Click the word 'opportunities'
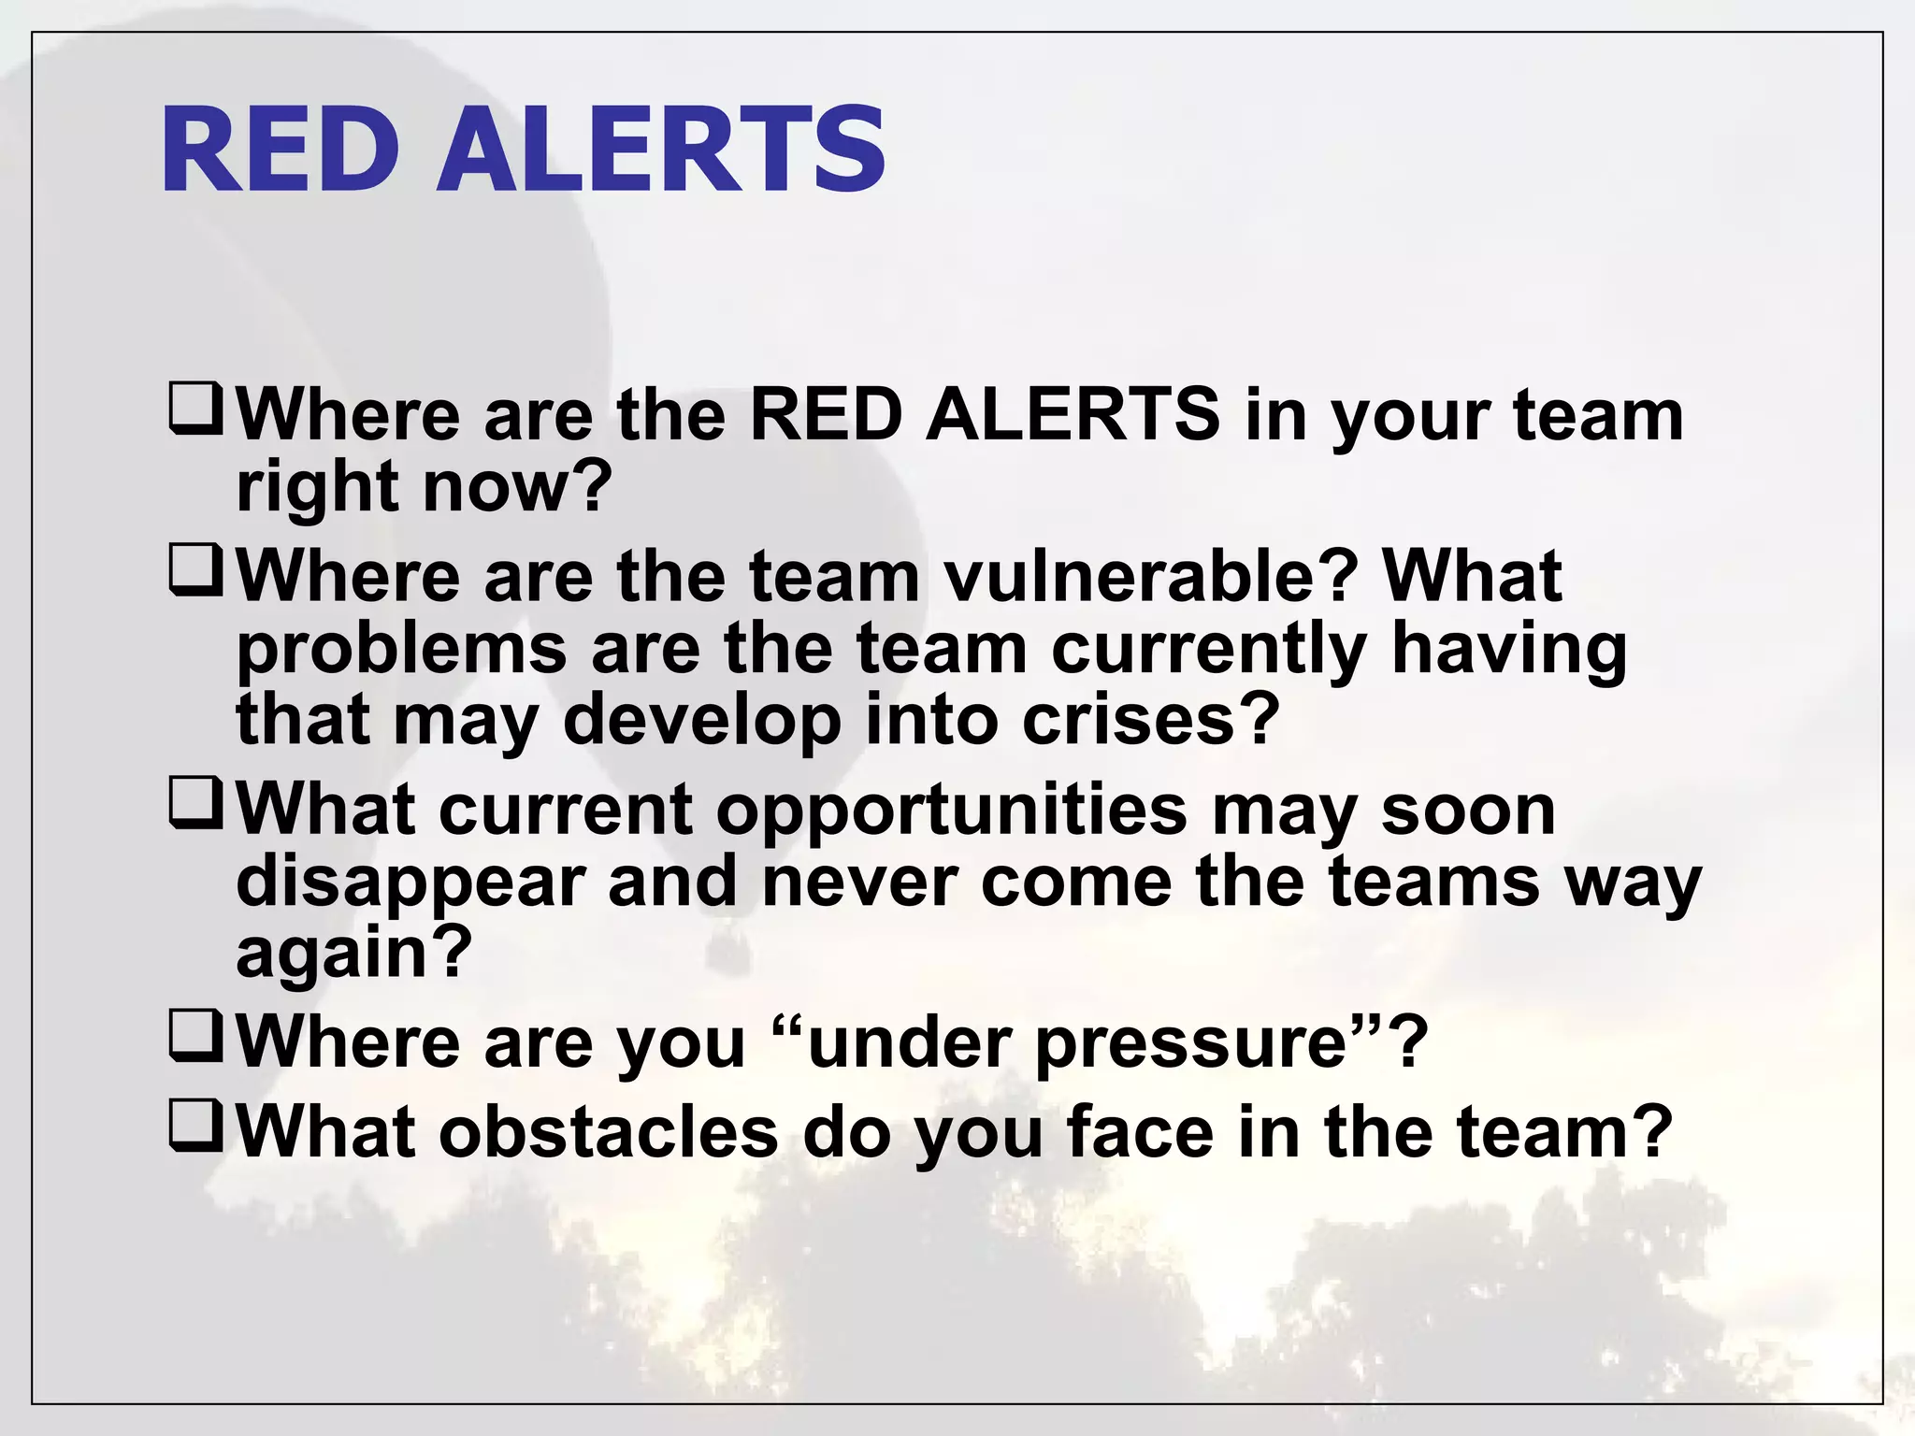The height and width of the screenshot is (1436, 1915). click(x=951, y=811)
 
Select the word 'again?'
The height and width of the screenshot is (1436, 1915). click(x=354, y=954)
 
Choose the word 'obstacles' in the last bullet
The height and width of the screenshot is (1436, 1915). click(x=608, y=1131)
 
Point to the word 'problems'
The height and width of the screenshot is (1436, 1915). click(x=401, y=650)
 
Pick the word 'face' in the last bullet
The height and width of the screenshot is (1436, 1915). click(x=1140, y=1131)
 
